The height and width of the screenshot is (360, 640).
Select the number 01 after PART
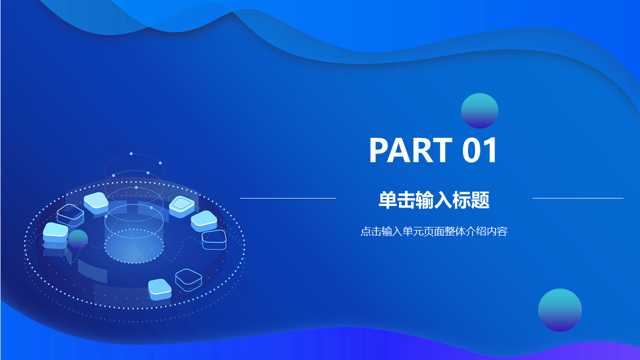point(479,150)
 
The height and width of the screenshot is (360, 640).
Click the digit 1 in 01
point(490,150)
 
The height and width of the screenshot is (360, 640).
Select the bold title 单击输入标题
point(434,200)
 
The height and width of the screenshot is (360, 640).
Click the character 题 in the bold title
point(480,200)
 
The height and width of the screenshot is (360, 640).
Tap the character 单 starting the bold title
point(387,200)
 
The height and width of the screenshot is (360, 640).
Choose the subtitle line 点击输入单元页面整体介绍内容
point(434,231)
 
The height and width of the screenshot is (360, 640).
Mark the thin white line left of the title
point(288,198)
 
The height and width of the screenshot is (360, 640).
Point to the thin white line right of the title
point(578,198)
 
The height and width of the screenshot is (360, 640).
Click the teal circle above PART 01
point(479,110)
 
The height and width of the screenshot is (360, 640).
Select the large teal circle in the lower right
point(560,310)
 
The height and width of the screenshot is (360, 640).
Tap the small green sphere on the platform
point(78,239)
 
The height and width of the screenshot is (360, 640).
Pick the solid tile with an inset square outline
point(181,206)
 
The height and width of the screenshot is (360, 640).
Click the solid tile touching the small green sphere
point(55,233)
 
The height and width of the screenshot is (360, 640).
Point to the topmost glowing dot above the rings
point(131,153)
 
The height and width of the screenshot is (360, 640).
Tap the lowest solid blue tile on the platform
point(159,289)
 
